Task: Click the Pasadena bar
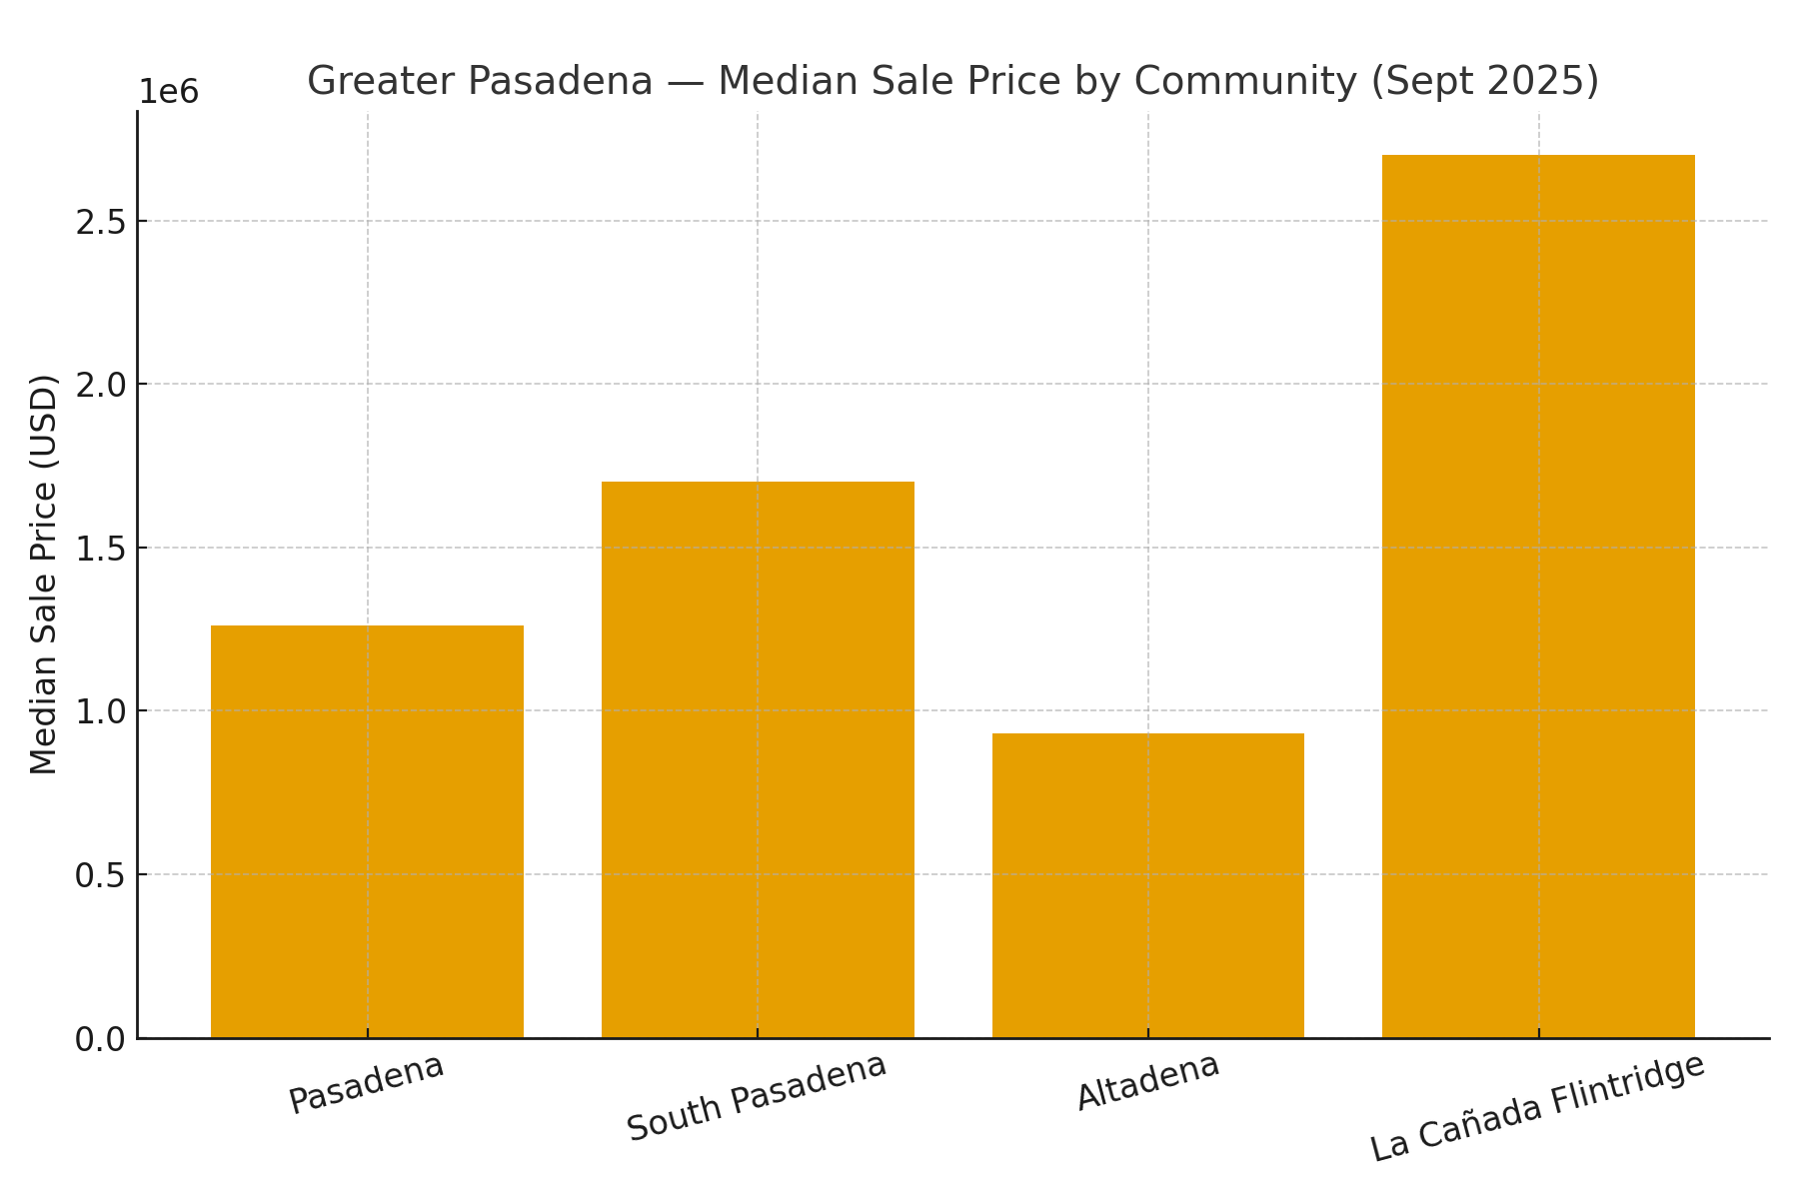(x=367, y=831)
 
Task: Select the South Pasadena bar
(x=758, y=759)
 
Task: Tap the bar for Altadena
(x=1147, y=885)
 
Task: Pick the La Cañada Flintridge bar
(x=1538, y=597)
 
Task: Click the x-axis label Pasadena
(x=367, y=1083)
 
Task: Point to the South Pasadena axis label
(x=757, y=1096)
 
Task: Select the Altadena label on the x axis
(x=1147, y=1081)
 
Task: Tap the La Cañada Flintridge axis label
(x=1537, y=1108)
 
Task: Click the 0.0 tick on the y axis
(x=100, y=1039)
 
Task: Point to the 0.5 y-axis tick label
(x=100, y=875)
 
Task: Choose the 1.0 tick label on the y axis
(x=100, y=711)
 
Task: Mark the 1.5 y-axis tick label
(x=100, y=549)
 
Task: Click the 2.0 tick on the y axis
(x=100, y=385)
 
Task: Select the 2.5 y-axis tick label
(x=100, y=222)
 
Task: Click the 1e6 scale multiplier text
(x=168, y=92)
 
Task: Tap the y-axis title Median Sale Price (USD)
(x=44, y=575)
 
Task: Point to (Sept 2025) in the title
(x=1484, y=81)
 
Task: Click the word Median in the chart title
(x=787, y=81)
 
